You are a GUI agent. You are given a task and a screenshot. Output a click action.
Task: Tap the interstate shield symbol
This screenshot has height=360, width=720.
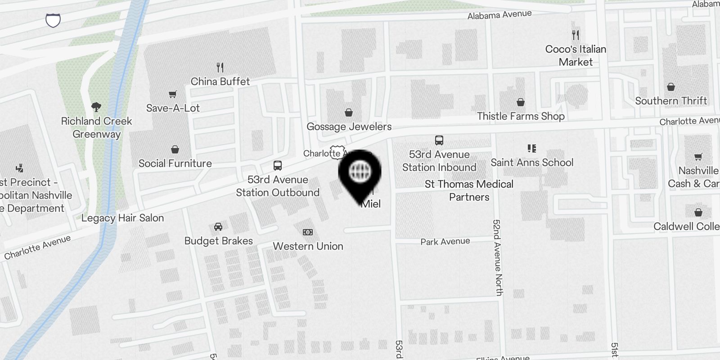(x=53, y=20)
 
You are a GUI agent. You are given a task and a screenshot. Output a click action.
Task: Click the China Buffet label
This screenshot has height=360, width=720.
(x=220, y=81)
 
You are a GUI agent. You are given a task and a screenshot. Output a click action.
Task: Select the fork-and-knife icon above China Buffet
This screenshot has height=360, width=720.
(x=220, y=67)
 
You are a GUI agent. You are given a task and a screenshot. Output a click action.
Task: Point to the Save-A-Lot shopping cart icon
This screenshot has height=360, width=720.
(x=173, y=94)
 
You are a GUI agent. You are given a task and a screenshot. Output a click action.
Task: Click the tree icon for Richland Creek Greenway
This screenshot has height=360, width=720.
(x=96, y=107)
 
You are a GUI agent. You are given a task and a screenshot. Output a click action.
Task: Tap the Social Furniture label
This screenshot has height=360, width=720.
(x=175, y=163)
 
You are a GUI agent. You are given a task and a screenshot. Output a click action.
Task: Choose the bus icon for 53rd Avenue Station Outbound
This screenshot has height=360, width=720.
(x=278, y=166)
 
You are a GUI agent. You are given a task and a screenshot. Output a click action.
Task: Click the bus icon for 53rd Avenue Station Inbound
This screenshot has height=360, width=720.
(x=439, y=140)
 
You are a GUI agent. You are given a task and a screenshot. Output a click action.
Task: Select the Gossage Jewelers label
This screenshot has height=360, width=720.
(x=349, y=126)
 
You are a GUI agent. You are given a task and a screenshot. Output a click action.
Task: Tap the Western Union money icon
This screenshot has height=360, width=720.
(x=308, y=232)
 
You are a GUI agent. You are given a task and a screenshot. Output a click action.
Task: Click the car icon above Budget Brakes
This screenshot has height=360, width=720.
(x=218, y=226)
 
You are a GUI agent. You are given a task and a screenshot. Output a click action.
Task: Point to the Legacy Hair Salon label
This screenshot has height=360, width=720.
(x=122, y=218)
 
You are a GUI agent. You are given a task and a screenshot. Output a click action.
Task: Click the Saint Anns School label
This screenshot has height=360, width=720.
(x=532, y=162)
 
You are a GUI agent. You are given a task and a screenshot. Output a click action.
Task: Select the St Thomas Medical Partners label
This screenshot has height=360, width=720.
(x=469, y=190)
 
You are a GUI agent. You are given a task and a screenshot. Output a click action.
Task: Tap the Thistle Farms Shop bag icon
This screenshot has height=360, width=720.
(x=521, y=102)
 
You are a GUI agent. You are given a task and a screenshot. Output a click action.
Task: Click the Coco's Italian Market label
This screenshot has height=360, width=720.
(x=576, y=55)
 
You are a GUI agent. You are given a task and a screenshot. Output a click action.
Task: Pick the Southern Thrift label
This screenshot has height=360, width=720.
(x=671, y=101)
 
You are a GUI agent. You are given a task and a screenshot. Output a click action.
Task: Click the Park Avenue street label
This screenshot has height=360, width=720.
(x=445, y=242)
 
